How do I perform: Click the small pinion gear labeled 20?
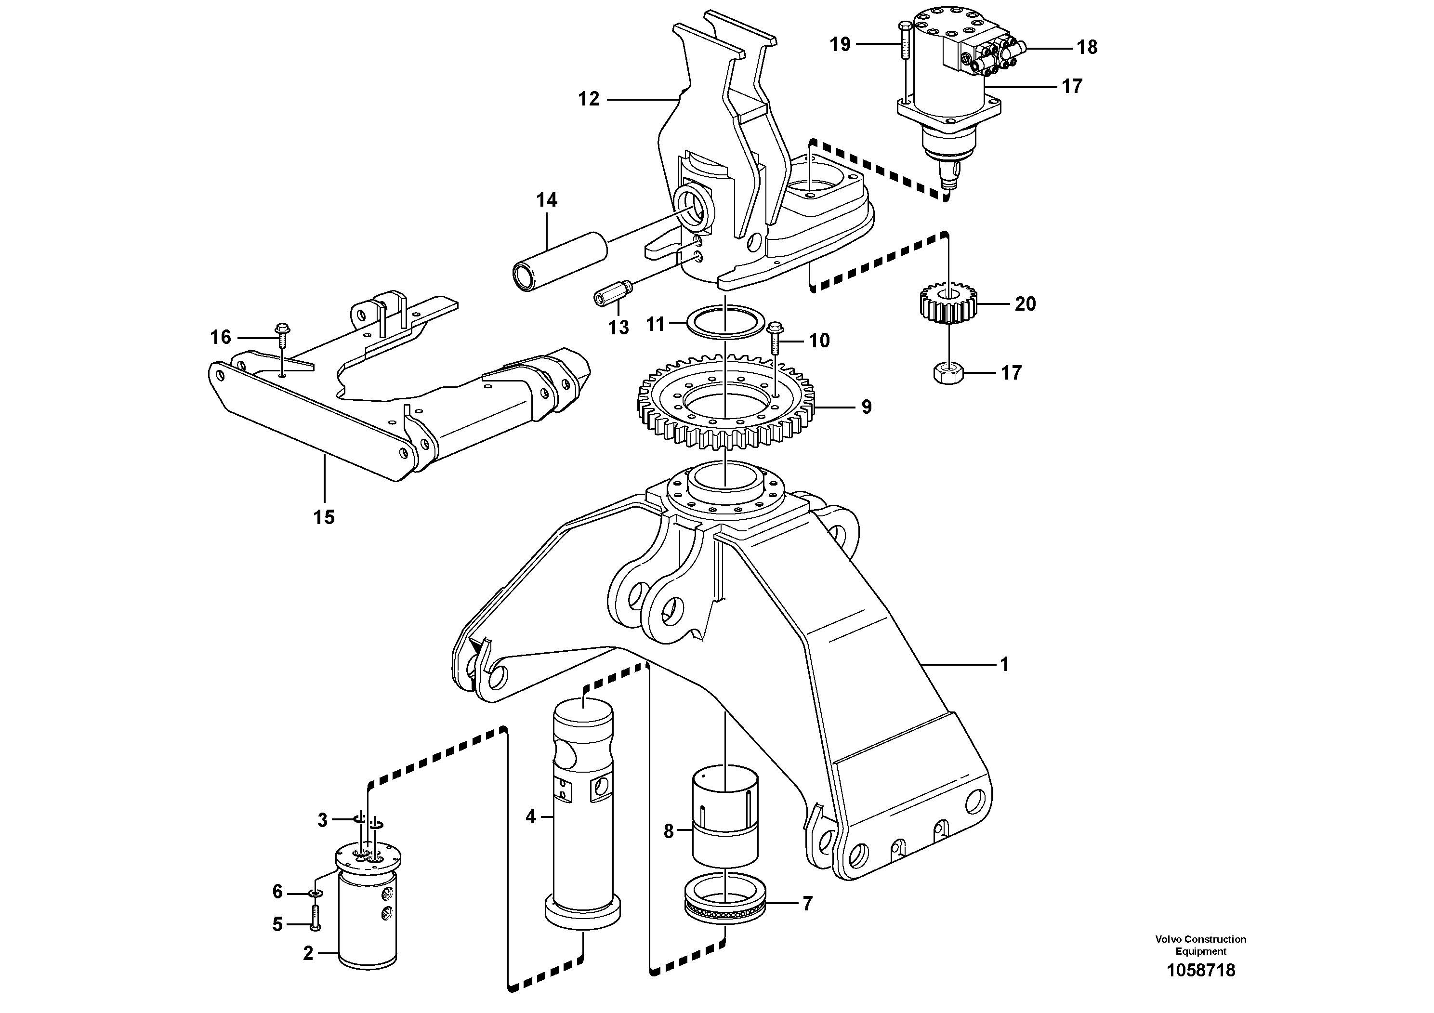(x=948, y=303)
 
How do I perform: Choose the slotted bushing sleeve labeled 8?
(x=725, y=815)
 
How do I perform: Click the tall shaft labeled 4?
(x=583, y=812)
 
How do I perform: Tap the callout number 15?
(x=324, y=517)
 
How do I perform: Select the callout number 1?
(x=1004, y=665)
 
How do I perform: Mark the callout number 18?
(x=1087, y=48)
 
